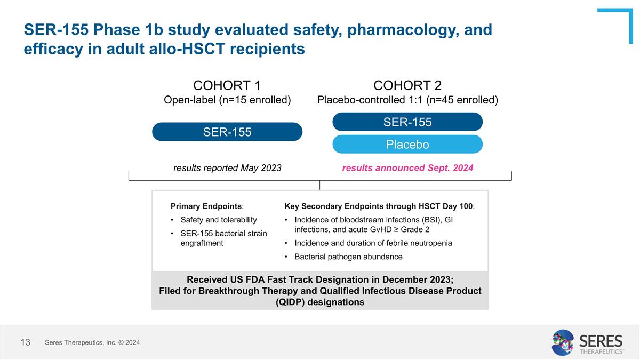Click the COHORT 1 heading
[x=227, y=85]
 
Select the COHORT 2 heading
[x=407, y=85]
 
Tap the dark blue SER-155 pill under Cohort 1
[x=227, y=132]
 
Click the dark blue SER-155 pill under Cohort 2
[x=407, y=122]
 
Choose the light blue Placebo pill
[x=407, y=145]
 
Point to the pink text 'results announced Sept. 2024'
[x=407, y=168]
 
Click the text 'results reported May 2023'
[x=227, y=168]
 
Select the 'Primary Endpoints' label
[x=206, y=206]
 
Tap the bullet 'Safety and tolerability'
[x=219, y=220]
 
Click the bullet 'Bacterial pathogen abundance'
[x=348, y=257]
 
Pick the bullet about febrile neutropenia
[x=373, y=243]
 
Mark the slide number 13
[x=26, y=342]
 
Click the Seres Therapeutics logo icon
[x=562, y=342]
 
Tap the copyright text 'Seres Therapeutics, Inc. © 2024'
[x=92, y=342]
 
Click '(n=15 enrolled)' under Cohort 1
[x=254, y=100]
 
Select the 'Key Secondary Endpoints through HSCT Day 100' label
[x=379, y=206]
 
